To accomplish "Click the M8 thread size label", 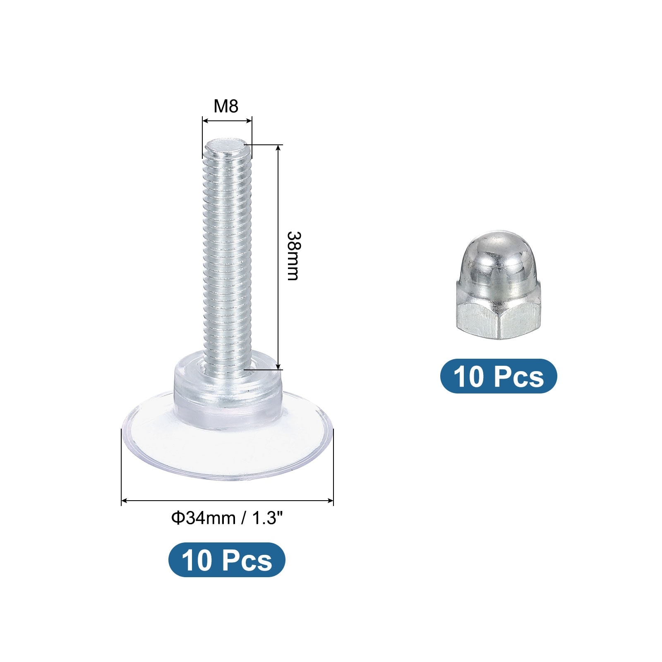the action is click(226, 106).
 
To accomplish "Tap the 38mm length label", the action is click(293, 256).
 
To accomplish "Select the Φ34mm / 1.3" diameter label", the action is click(227, 518).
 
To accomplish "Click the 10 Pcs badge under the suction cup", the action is click(227, 560).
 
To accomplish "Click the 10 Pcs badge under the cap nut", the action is click(499, 376).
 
